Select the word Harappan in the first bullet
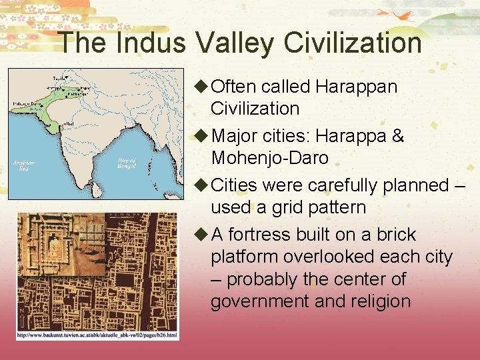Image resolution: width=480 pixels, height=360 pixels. pyautogui.click(x=357, y=87)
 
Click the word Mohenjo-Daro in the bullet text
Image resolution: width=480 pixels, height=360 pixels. pyautogui.click(x=270, y=158)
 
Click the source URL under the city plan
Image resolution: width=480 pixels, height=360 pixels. pyautogui.click(x=97, y=335)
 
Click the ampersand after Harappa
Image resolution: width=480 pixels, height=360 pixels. pyautogui.click(x=398, y=136)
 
